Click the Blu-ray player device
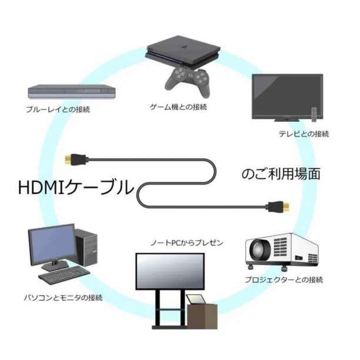(x=71, y=91)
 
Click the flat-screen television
(x=286, y=97)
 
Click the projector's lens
(x=259, y=252)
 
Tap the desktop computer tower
(x=85, y=248)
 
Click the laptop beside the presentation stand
(x=196, y=300)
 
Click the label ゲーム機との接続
(x=178, y=107)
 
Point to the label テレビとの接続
(x=304, y=134)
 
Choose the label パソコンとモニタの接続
(x=64, y=298)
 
